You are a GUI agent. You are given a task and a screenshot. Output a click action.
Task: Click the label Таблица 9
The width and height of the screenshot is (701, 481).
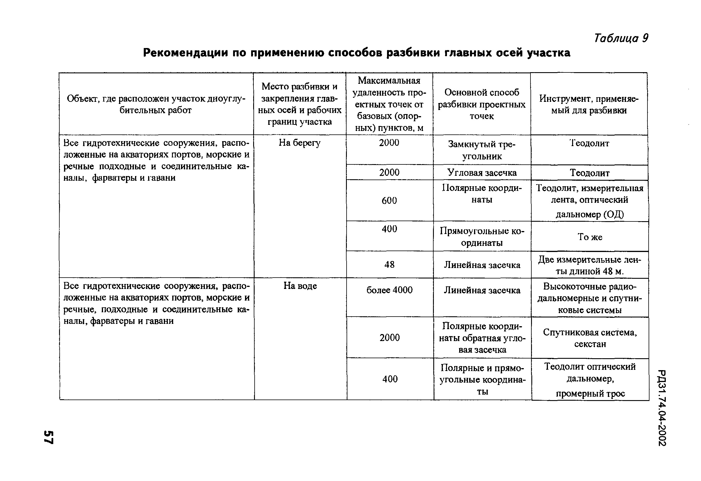coord(621,38)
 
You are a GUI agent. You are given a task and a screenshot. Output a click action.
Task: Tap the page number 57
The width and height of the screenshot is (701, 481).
coord(49,437)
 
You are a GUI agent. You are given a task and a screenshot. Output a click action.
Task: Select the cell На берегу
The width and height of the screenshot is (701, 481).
coord(299,143)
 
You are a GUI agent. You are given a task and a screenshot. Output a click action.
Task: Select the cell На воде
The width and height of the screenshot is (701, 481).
coord(300,285)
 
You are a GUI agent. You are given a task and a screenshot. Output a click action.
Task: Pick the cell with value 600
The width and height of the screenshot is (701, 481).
coord(389,200)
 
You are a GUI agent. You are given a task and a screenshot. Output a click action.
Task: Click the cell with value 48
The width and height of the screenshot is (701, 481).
coord(389,265)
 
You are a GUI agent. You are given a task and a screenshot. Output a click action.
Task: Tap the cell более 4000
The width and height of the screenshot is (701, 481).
coord(389,290)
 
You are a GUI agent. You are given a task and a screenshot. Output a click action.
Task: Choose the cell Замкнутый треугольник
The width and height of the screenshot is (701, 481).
coord(482,150)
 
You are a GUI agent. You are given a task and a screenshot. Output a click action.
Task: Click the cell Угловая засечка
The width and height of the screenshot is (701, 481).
coord(482,173)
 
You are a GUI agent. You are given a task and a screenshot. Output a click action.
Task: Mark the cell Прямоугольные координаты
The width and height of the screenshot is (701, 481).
coord(482,237)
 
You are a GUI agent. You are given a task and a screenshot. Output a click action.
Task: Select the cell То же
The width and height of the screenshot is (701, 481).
coord(590,237)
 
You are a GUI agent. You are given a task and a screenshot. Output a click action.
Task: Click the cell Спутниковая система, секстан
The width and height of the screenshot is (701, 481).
coord(590,338)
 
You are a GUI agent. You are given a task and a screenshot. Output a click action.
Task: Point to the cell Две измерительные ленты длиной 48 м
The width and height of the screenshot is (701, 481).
coord(590,265)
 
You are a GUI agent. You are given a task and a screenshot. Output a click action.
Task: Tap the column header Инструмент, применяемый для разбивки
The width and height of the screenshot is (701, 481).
coord(589,104)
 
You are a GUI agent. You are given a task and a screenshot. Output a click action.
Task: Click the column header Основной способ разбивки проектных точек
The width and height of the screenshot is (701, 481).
coord(482,104)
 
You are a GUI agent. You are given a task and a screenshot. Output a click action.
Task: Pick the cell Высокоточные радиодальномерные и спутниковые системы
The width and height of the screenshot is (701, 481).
coord(590,298)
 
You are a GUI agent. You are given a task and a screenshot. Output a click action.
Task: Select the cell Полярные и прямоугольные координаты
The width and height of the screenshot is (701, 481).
coord(482,379)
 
